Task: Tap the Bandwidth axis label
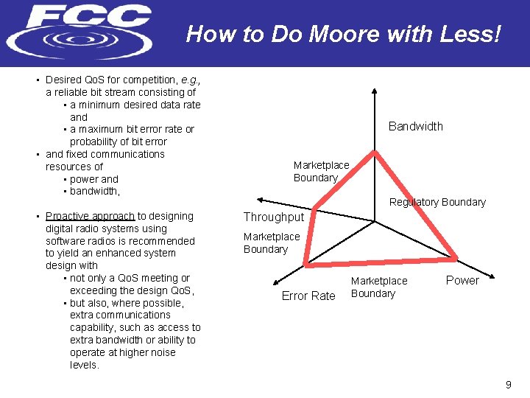point(415,127)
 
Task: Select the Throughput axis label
point(273,217)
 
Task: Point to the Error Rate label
point(308,296)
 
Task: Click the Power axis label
point(462,281)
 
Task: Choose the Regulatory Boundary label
point(437,202)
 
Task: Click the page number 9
point(508,385)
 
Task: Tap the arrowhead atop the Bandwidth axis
point(375,91)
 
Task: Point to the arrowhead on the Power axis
point(490,284)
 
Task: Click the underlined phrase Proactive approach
point(90,217)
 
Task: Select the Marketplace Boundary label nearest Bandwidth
point(321,171)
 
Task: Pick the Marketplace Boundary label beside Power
point(378,287)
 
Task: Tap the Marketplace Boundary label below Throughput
point(272,243)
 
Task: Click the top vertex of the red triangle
point(375,152)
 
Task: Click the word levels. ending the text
point(84,365)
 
